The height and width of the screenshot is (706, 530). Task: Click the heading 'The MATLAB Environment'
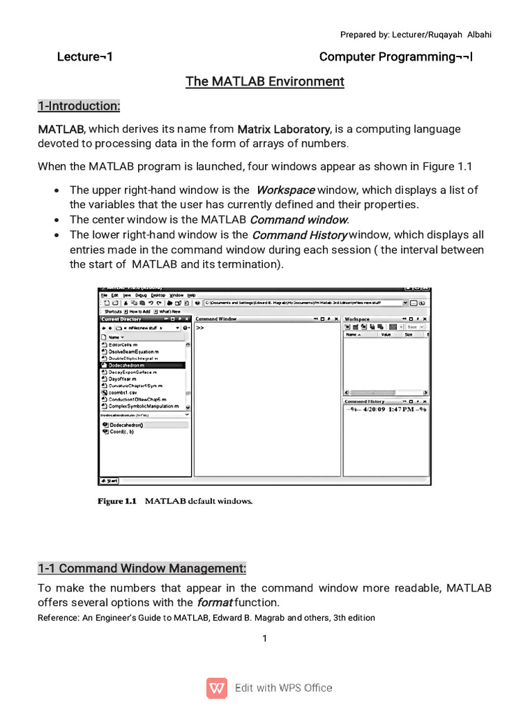264,82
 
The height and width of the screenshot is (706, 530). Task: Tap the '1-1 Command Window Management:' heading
141,569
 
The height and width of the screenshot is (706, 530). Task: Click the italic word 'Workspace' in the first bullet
286,190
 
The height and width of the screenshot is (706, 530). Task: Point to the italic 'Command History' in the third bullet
299,235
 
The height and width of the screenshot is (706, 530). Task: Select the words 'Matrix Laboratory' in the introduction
284,129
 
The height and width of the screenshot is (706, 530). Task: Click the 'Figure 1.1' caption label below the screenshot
117,501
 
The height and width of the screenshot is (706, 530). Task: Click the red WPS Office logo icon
217,688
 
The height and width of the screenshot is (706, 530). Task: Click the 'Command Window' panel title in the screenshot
216,319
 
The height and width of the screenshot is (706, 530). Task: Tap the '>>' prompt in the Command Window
200,328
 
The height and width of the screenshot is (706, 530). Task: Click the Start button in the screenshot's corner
110,481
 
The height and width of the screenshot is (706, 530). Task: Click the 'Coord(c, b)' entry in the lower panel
122,432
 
